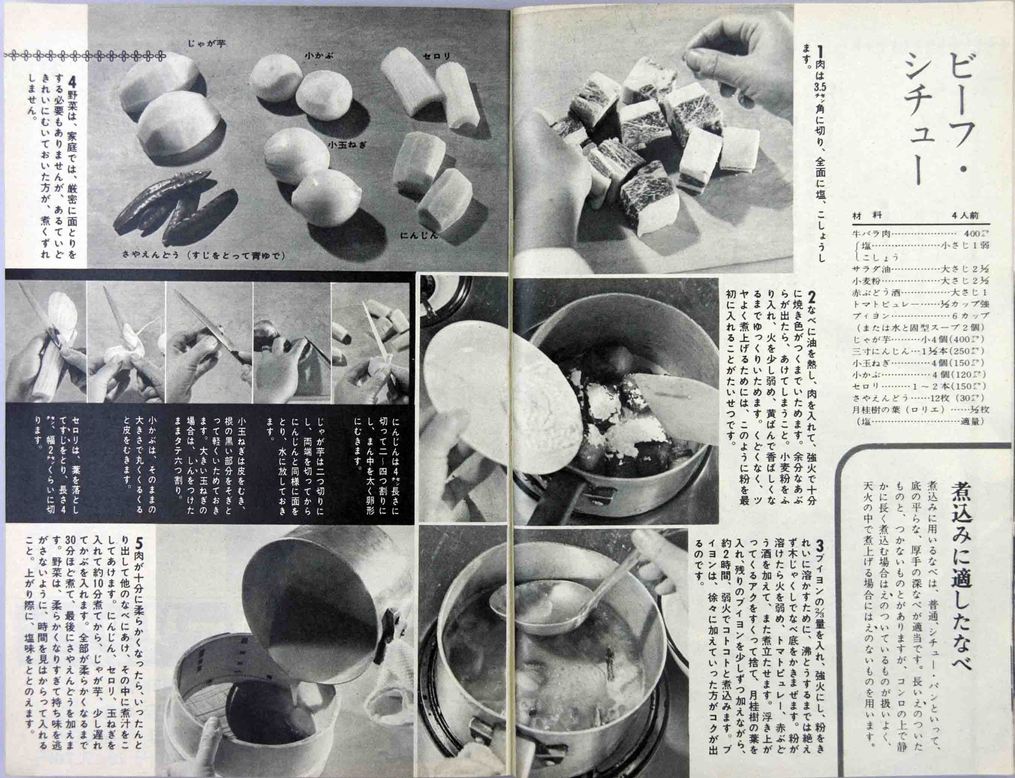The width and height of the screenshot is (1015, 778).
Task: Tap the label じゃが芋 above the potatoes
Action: (207, 44)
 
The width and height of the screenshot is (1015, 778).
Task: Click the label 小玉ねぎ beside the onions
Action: (347, 144)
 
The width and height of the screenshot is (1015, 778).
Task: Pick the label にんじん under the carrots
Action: (419, 236)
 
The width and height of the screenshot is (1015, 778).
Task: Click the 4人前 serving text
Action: (965, 215)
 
